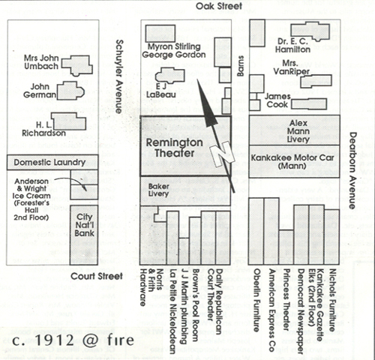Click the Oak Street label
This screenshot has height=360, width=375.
(219, 6)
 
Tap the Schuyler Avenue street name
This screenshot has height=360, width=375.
(120, 76)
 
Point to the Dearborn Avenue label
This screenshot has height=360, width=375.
(352, 171)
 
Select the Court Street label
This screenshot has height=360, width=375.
(97, 276)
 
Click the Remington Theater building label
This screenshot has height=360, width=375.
(174, 148)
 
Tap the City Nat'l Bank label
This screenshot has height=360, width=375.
(85, 225)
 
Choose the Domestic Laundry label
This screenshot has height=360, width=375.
(49, 163)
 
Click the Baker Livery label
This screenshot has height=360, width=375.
(158, 190)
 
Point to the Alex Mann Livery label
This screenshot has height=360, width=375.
(298, 131)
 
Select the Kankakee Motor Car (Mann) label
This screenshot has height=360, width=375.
(292, 162)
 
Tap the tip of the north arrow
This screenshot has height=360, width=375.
(197, 79)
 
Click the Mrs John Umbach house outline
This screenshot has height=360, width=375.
(77, 65)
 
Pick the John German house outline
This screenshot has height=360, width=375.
(70, 91)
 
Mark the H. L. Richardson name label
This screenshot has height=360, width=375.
(43, 129)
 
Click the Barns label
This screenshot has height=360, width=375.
(240, 66)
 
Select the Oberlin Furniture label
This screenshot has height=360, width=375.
(256, 300)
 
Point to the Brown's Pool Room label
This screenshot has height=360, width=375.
(196, 305)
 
